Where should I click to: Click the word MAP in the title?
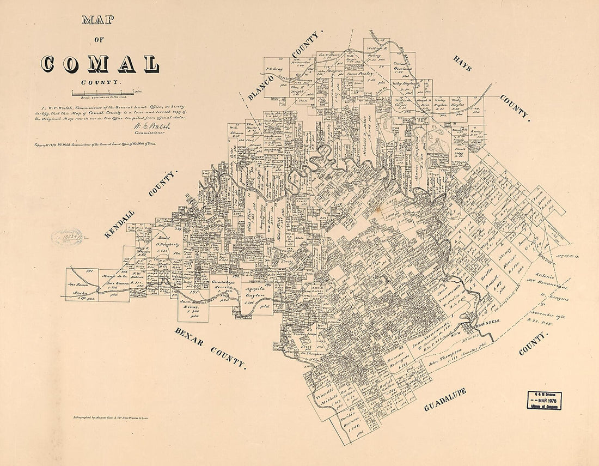(x=98, y=21)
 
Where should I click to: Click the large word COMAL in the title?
(x=100, y=64)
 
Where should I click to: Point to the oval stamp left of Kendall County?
(x=66, y=237)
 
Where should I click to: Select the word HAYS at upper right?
(x=462, y=63)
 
